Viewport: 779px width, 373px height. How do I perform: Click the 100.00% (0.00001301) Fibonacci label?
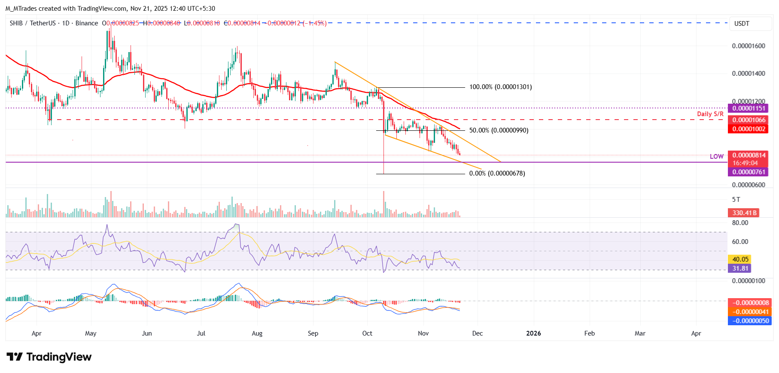coord(500,87)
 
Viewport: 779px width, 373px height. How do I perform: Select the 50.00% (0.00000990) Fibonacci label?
coord(499,130)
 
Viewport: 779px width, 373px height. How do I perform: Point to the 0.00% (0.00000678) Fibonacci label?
coord(497,173)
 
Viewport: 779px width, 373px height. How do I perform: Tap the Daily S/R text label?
coord(710,114)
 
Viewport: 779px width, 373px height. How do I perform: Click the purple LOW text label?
coord(716,157)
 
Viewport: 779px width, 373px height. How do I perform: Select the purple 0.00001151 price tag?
coord(749,108)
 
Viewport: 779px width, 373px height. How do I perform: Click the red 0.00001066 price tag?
coord(749,120)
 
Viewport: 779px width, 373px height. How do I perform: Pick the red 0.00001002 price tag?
coord(749,129)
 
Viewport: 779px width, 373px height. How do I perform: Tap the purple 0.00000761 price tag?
coord(749,172)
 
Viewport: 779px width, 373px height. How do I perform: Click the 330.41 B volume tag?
coord(744,213)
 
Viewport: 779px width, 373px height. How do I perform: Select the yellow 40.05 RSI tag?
coord(740,259)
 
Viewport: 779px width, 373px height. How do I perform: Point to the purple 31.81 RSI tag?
coord(740,268)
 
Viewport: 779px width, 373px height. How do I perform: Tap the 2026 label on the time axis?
coord(533,333)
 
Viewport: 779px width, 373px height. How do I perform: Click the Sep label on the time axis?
coord(313,333)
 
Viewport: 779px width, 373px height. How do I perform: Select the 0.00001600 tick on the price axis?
coord(748,46)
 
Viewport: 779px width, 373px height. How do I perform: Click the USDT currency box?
coord(742,24)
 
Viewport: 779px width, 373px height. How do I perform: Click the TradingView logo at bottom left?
coord(49,357)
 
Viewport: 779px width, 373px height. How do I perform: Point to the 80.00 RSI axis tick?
coord(740,223)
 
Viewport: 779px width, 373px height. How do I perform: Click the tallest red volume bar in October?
coord(383,204)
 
